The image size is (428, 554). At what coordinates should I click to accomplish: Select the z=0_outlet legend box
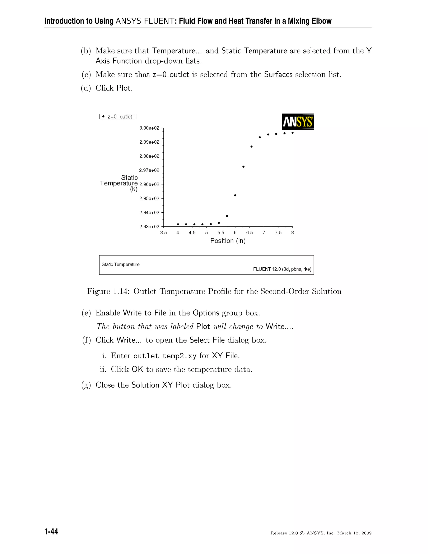118,117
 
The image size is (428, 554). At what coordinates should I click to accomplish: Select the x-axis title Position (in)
228,241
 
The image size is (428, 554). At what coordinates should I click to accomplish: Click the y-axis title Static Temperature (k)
119,183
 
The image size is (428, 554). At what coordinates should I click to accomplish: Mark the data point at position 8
292,133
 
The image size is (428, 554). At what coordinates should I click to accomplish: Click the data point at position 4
178,224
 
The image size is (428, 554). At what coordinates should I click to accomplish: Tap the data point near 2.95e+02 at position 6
235,195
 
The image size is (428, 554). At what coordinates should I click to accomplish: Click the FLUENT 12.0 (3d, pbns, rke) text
282,269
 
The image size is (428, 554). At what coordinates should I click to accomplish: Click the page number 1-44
51,532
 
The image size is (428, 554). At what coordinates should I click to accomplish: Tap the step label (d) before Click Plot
86,88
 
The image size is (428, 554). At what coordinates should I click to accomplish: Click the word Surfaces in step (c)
278,75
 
